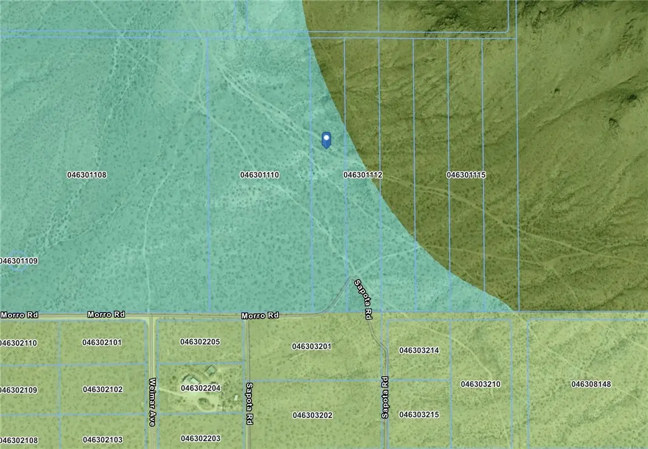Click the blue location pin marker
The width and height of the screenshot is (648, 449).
pyautogui.click(x=326, y=140)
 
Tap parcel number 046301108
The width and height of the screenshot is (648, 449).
pyautogui.click(x=87, y=175)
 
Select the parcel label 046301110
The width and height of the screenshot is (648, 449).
pyautogui.click(x=260, y=175)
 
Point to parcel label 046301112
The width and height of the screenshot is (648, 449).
pyautogui.click(x=363, y=175)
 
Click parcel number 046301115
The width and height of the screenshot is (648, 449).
pyautogui.click(x=466, y=175)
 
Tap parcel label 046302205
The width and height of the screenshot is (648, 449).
pyautogui.click(x=200, y=342)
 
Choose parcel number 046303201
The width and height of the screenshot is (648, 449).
pyautogui.click(x=312, y=347)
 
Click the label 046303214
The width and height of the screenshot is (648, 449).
pyautogui.click(x=419, y=350)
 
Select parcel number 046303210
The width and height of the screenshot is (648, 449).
pyautogui.click(x=481, y=384)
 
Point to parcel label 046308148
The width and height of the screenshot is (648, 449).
pyautogui.click(x=591, y=384)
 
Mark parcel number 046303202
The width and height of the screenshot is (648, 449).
pyautogui.click(x=312, y=415)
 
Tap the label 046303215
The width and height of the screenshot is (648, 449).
pyautogui.click(x=419, y=415)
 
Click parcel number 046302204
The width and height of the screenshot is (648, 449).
pyautogui.click(x=201, y=387)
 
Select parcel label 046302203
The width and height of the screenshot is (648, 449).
pyautogui.click(x=201, y=438)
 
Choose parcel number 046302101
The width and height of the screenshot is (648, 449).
pyautogui.click(x=102, y=342)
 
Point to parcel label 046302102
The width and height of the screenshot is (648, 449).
pyautogui.click(x=102, y=389)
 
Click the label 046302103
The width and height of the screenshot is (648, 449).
pyautogui.click(x=102, y=439)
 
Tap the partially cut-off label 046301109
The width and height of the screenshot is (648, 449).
pyautogui.click(x=19, y=261)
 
